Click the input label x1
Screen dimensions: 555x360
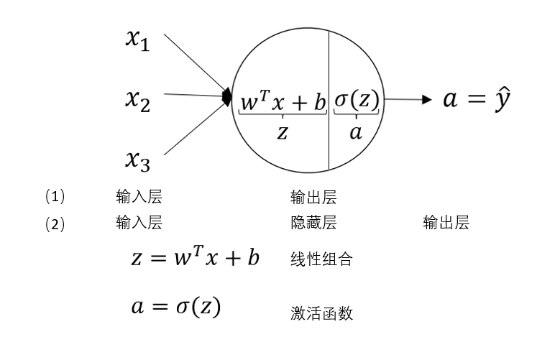click(137, 42)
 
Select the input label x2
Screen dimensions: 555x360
click(137, 101)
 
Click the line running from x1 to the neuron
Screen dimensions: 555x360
click(194, 62)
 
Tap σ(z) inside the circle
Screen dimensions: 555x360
click(357, 101)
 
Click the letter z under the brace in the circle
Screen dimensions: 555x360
click(282, 131)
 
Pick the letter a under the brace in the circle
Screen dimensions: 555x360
click(355, 132)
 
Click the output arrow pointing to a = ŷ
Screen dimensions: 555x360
click(410, 99)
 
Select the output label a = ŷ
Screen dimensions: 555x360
click(477, 99)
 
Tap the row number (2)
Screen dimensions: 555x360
click(55, 223)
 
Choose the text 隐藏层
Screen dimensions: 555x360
click(313, 223)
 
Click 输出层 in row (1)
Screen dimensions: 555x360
click(313, 197)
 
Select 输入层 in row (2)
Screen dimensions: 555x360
click(139, 223)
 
